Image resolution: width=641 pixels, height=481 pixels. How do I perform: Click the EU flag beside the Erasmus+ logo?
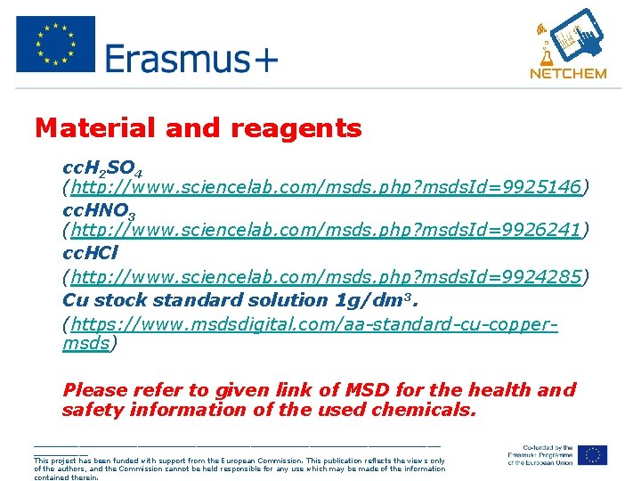(55, 44)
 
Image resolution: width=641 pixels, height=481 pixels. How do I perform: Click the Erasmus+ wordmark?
(191, 59)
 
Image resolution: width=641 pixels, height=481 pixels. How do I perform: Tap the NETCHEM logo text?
(567, 74)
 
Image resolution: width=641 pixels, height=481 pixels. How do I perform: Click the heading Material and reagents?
(199, 129)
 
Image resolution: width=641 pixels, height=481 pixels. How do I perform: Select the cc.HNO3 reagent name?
(99, 210)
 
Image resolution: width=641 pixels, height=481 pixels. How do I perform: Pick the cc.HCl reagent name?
(90, 253)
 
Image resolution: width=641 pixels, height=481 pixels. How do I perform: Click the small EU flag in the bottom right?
(591, 454)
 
